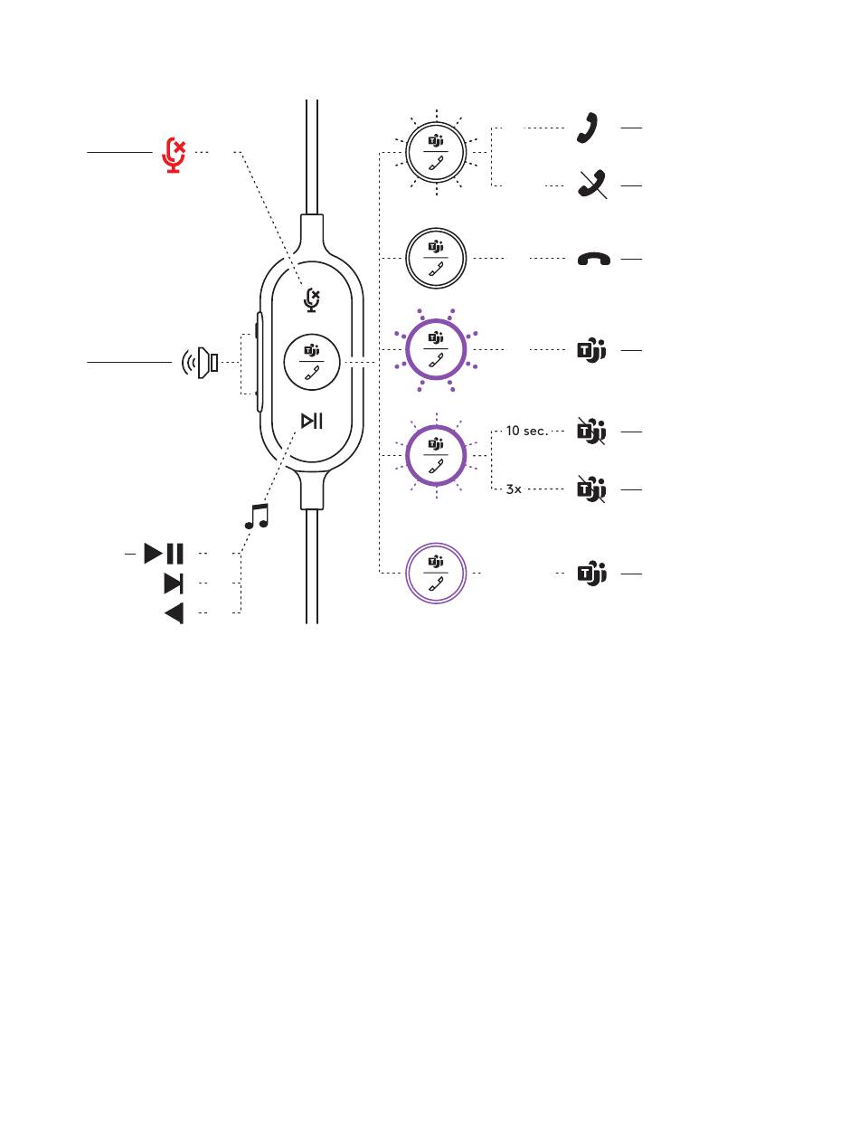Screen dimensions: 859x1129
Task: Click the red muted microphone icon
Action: click(x=173, y=154)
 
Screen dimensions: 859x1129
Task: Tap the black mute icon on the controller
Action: click(x=312, y=299)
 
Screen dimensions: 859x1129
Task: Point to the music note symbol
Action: click(x=258, y=517)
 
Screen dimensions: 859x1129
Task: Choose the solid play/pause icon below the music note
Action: click(x=164, y=553)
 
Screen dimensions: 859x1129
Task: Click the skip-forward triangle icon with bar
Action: click(x=173, y=583)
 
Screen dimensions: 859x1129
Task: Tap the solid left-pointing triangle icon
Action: click(x=174, y=613)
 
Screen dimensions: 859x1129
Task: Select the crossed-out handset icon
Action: click(x=591, y=185)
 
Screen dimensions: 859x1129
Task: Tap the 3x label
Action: click(x=514, y=489)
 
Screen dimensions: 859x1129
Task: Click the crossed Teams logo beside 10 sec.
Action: click(x=590, y=432)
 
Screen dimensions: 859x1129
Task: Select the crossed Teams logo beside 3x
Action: click(x=590, y=489)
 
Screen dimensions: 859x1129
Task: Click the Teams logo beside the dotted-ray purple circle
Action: click(x=590, y=350)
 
